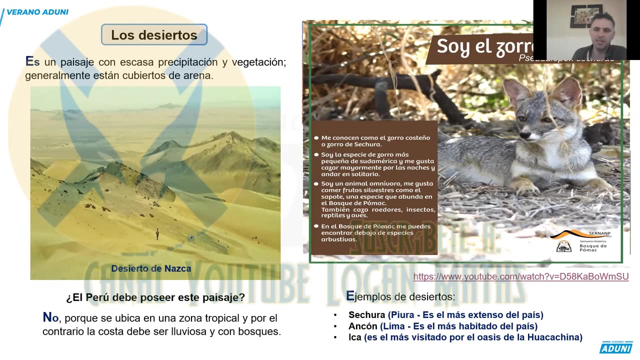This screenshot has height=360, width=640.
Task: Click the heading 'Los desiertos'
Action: [154, 35]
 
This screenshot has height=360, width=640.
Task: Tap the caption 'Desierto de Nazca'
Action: [151, 268]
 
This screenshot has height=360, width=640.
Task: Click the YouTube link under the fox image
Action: [521, 276]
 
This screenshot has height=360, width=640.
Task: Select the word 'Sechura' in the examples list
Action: [366, 315]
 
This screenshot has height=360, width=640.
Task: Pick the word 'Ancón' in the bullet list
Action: [362, 326]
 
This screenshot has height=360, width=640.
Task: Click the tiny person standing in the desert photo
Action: [157, 233]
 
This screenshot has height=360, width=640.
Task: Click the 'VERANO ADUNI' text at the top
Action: [37, 12]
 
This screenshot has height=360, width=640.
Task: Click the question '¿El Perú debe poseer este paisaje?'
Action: [155, 297]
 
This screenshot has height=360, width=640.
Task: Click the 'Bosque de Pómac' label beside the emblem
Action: [593, 247]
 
